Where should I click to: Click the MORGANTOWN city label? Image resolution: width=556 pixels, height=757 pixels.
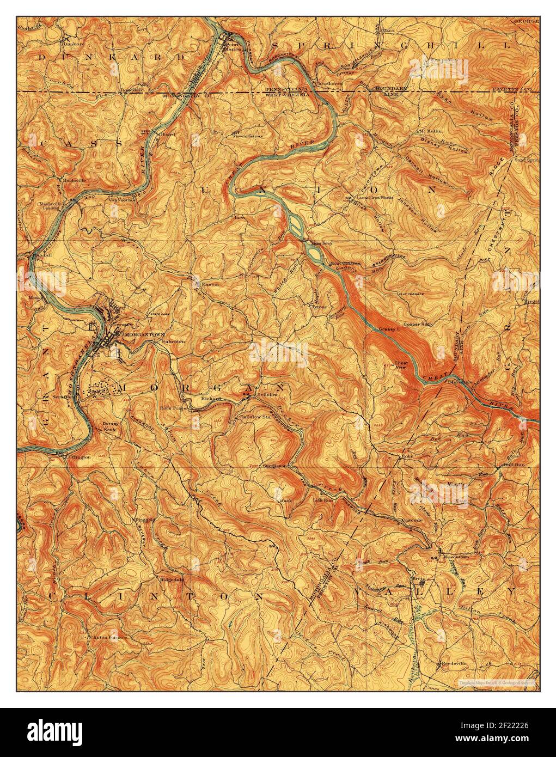tap(140, 334)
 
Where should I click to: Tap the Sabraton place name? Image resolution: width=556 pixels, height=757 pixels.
tap(173, 341)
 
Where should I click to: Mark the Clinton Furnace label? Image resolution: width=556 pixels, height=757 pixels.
tap(108, 636)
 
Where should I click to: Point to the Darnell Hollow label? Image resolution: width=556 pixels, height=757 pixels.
tap(426, 169)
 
